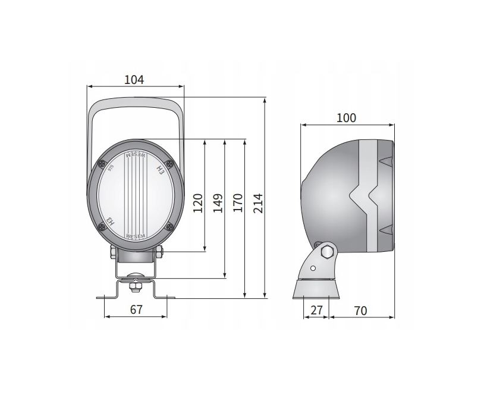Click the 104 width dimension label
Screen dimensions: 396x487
coord(134,79)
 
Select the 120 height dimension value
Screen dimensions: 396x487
coord(198,202)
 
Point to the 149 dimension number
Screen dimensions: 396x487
coord(218,202)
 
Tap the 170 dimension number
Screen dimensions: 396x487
coord(238,202)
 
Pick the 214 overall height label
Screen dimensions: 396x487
coord(257,202)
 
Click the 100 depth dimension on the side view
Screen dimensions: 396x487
coord(346,118)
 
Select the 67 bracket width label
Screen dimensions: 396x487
coord(136,310)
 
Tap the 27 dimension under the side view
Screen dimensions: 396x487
coord(316,310)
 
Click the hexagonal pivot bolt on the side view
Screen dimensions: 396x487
coord(326,252)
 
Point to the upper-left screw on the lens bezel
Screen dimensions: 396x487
coord(102,164)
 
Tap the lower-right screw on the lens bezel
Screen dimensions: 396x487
coord(170,226)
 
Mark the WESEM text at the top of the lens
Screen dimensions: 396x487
coord(136,154)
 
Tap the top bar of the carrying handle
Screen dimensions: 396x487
coord(136,101)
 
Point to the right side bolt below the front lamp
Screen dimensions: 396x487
coord(159,252)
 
